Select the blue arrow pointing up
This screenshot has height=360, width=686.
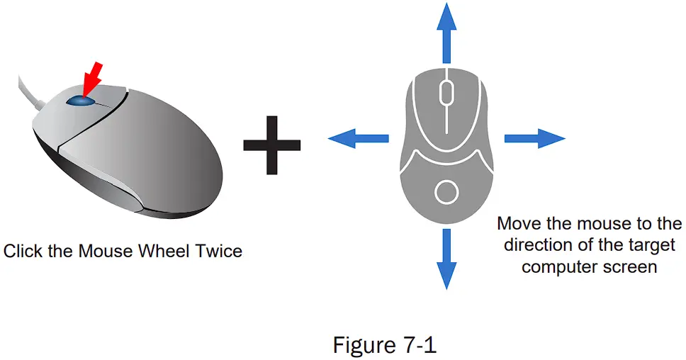click(x=446, y=32)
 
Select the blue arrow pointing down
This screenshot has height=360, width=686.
click(x=446, y=258)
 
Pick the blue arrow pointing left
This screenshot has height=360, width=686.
click(x=357, y=139)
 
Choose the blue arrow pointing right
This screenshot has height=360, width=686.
click(x=534, y=138)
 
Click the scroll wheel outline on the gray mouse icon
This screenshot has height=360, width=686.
click(x=446, y=91)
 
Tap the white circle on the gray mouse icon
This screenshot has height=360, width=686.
click(x=446, y=192)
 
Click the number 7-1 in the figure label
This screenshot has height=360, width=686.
click(x=417, y=345)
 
